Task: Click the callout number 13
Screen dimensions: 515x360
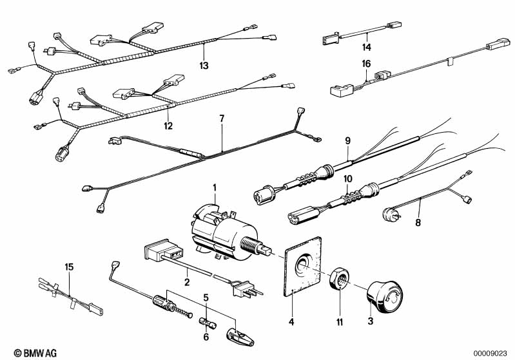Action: pos(204,65)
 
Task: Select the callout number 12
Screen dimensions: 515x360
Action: pos(168,126)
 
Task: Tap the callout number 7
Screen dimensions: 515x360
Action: pos(222,118)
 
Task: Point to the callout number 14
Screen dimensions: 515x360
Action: pos(367,47)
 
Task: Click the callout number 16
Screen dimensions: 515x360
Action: pos(366,64)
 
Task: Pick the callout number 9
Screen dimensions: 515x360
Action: pos(348,141)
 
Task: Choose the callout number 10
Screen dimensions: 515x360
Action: pos(348,179)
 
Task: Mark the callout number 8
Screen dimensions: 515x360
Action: pos(418,223)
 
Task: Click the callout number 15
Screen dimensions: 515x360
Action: pos(69,267)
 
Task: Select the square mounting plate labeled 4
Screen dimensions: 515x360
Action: pos(302,266)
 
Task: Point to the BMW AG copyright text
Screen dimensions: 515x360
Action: pos(35,353)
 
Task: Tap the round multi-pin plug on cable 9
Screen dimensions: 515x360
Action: pos(263,194)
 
